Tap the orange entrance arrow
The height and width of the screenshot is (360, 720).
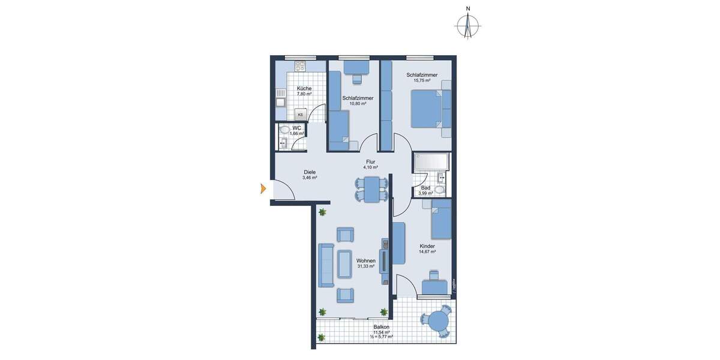coord(262,190)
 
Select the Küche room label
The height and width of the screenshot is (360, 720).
coord(304,88)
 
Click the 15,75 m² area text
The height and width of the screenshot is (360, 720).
coord(421,80)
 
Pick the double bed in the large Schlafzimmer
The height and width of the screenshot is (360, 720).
coord(430,109)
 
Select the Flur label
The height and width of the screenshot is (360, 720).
coord(371,162)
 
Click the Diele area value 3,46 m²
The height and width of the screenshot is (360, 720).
coord(310,178)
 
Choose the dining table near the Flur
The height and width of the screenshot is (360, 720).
coord(372,190)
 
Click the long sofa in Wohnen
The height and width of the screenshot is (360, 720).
coord(326,265)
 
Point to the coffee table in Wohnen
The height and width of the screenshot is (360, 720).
coord(344,264)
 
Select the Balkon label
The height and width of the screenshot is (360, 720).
coord(381,327)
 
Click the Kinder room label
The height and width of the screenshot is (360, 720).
coord(427,246)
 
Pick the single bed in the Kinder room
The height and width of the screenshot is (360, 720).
coord(441,220)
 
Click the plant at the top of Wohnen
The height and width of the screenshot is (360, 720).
coord(322,212)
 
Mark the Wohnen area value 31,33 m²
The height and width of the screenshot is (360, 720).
coord(365,266)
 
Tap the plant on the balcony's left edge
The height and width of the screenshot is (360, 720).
coord(320,337)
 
